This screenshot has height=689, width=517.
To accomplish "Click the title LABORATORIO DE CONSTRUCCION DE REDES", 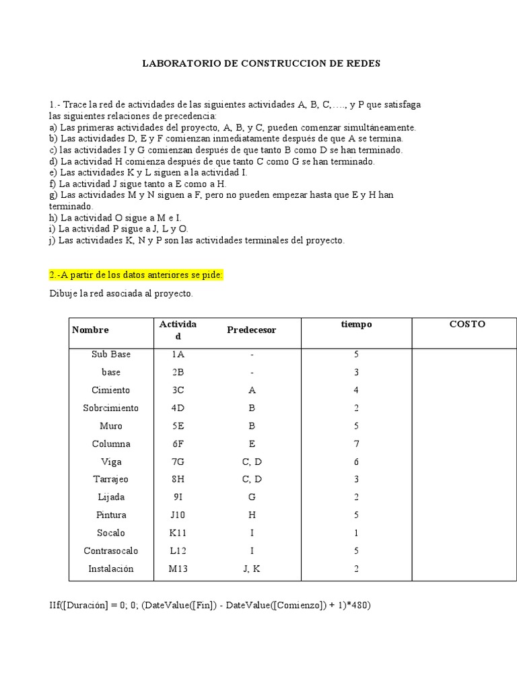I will click(x=261, y=64).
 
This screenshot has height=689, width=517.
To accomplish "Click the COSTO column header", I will click(x=467, y=324).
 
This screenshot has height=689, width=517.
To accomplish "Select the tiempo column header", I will click(x=356, y=324).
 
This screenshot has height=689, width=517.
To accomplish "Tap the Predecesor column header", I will click(x=252, y=330).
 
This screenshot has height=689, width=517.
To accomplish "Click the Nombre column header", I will click(x=90, y=330).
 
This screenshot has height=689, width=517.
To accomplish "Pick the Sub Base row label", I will click(x=111, y=354).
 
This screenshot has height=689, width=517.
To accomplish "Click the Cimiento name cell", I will click(x=111, y=390).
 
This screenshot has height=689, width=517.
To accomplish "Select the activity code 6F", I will click(x=178, y=443).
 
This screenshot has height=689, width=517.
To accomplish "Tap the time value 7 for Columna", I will click(x=356, y=443).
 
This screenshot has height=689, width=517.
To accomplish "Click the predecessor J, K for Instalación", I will click(x=251, y=569).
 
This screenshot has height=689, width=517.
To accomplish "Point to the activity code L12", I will click(x=178, y=550).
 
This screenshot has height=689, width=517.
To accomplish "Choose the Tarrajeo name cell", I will click(x=111, y=479).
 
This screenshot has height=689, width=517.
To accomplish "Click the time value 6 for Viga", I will click(x=356, y=462).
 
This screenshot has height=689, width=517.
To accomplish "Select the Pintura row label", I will click(x=111, y=515).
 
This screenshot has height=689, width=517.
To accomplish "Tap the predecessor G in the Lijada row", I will click(x=251, y=497).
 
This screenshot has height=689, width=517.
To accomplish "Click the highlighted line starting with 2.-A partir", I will click(x=135, y=275).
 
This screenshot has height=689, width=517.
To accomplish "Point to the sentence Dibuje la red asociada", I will click(x=121, y=294).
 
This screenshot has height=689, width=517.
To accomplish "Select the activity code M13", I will click(x=178, y=569).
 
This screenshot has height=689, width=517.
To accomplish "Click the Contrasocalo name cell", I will click(x=111, y=550).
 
